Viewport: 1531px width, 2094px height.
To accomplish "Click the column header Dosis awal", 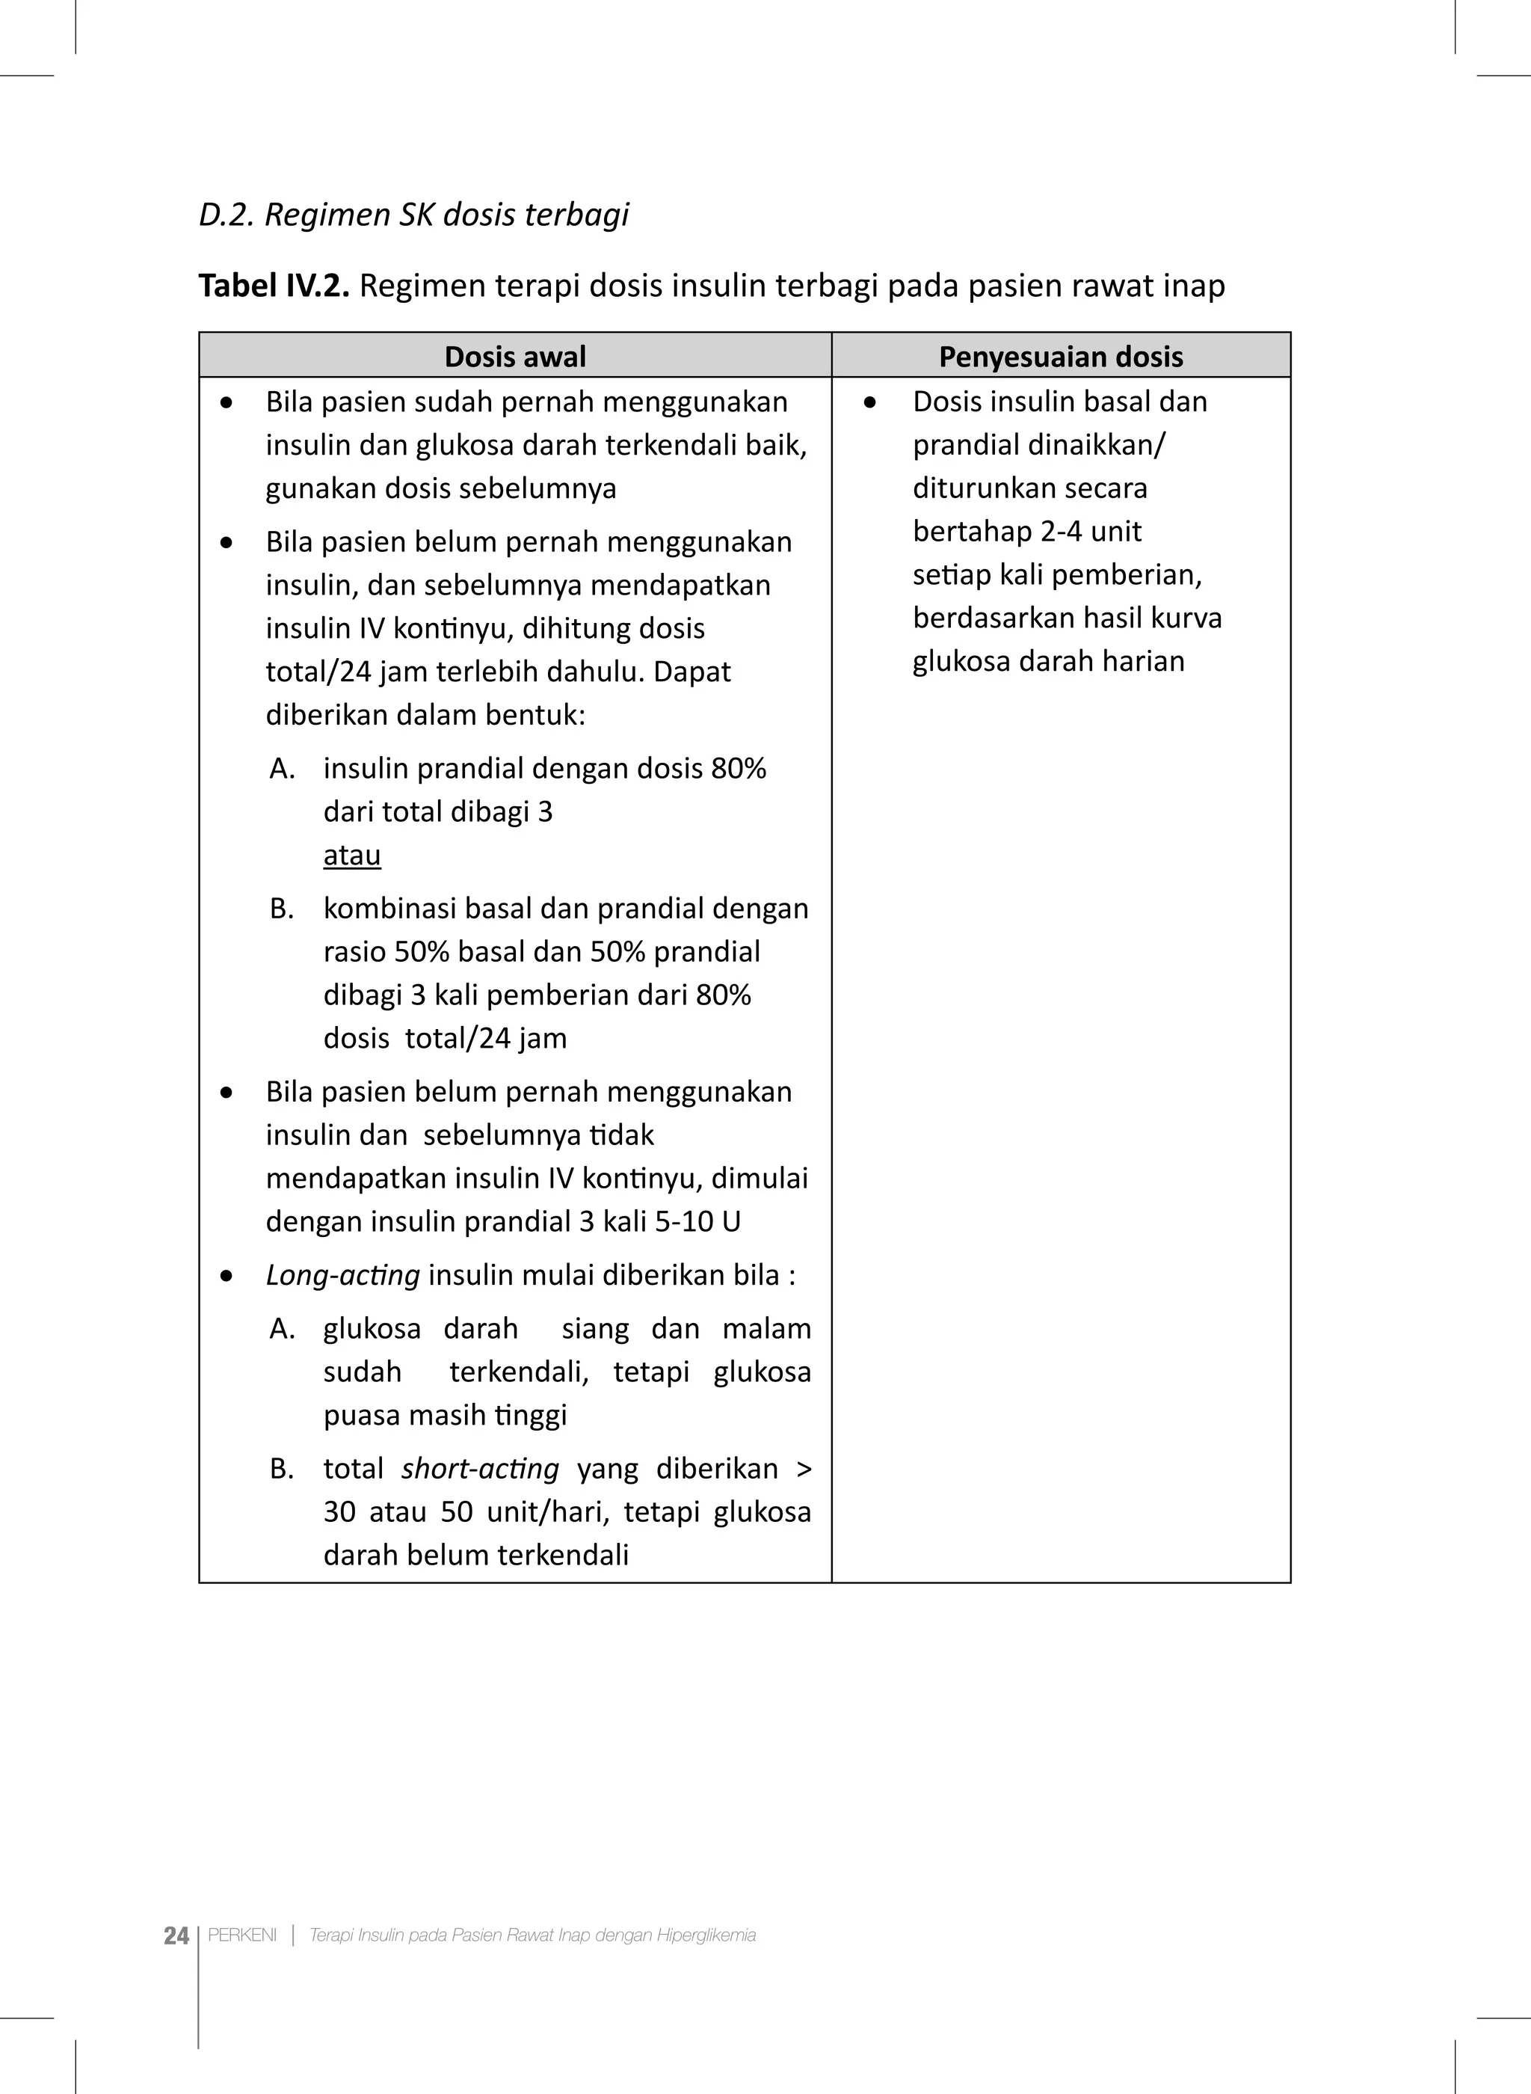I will [x=515, y=356].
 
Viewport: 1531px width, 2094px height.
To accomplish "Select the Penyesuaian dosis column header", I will [x=1060, y=356].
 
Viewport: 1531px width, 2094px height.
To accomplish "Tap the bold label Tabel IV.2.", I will [x=274, y=286].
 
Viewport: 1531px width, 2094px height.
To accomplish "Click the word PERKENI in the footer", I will [x=242, y=1935].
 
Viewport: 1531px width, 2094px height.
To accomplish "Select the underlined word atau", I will [x=351, y=855].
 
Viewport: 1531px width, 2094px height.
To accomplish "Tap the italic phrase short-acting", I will [x=479, y=1468].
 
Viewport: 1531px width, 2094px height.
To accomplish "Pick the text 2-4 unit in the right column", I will [x=1091, y=531].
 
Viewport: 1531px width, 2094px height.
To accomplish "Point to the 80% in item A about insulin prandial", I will [x=738, y=769].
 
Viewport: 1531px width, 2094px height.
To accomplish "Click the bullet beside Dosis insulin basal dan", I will [x=869, y=402].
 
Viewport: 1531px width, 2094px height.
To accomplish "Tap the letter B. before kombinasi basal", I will [x=282, y=909].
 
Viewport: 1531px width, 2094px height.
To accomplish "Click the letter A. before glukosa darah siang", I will [x=282, y=1328].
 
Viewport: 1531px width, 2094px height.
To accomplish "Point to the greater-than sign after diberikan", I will [x=803, y=1468].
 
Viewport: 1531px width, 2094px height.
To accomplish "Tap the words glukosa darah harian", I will [x=1048, y=661].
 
